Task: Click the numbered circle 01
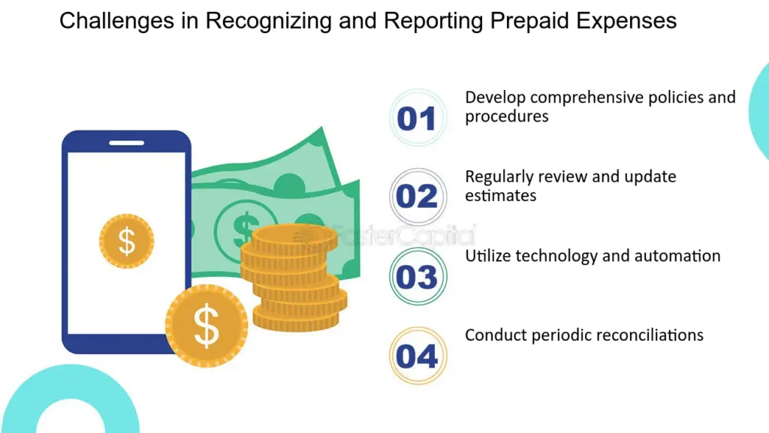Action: (418, 118)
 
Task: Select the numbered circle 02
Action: (418, 197)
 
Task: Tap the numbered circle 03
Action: (418, 276)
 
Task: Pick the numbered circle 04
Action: (418, 356)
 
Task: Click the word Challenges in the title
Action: (116, 21)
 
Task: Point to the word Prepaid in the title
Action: (530, 21)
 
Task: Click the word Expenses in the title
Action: (626, 21)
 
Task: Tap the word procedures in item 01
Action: (507, 116)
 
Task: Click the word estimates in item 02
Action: (500, 195)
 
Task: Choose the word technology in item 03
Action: (556, 256)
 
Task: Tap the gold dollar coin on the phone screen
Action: (126, 241)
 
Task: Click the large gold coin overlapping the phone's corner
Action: (207, 326)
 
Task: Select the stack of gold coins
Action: (294, 278)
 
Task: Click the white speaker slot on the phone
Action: (126, 143)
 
